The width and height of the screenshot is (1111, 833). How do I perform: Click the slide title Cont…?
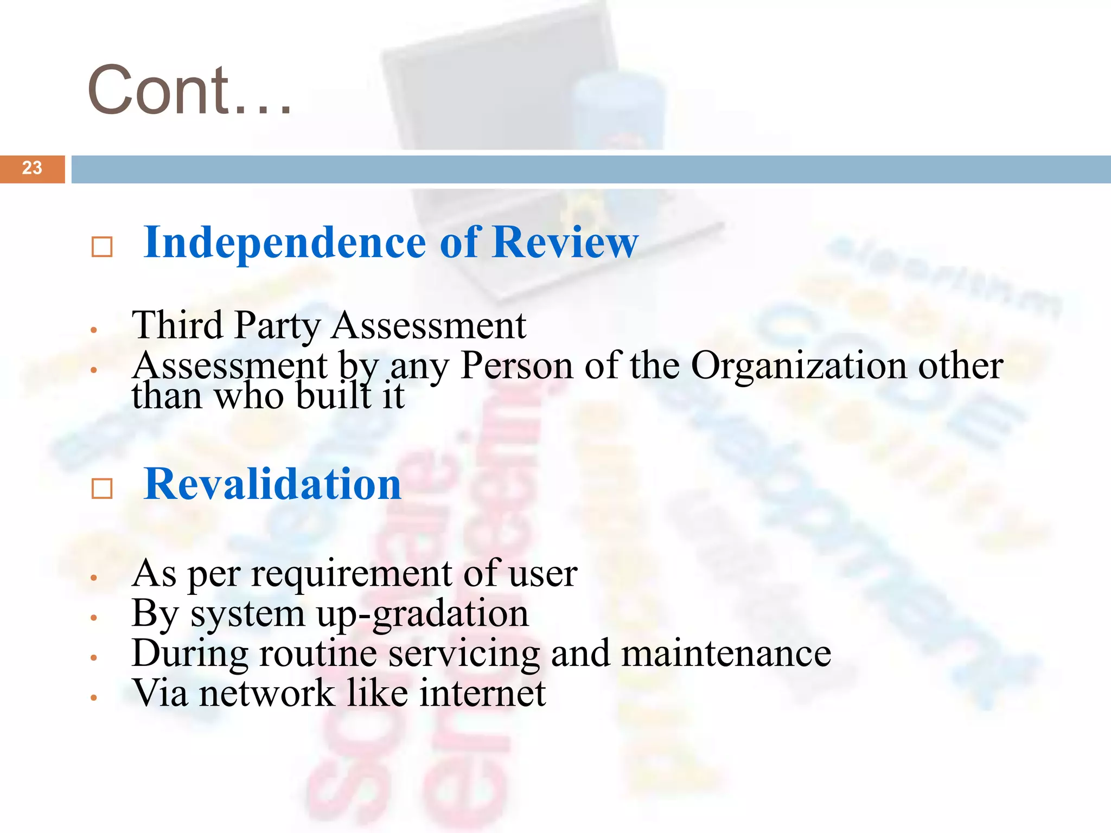pyautogui.click(x=190, y=90)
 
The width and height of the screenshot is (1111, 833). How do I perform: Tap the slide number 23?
pyautogui.click(x=32, y=168)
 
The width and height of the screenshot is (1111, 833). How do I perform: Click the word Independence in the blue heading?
pyautogui.click(x=285, y=242)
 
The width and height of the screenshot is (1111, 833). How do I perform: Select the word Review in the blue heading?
pyautogui.click(x=565, y=242)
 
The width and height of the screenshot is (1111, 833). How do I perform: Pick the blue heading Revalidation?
pyautogui.click(x=273, y=484)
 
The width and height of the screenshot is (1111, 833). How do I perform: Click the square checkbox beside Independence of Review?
pyautogui.click(x=102, y=247)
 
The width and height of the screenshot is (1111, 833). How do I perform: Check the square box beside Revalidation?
pyautogui.click(x=102, y=489)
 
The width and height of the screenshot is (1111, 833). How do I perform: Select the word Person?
pyautogui.click(x=516, y=366)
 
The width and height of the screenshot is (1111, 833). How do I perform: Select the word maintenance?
pyautogui.click(x=726, y=653)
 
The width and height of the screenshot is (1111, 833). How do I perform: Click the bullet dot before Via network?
pyautogui.click(x=94, y=697)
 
